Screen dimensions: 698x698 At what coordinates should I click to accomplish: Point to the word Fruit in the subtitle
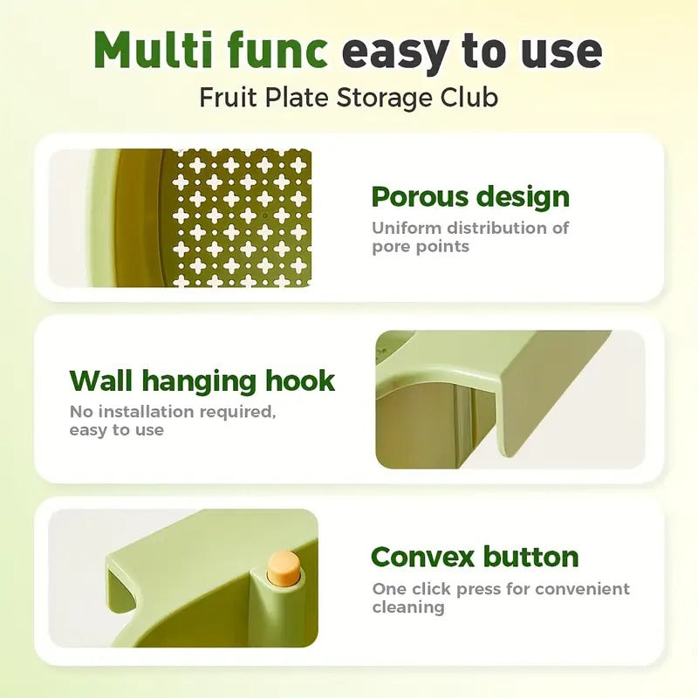227,96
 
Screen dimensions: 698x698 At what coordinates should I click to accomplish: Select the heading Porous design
470,197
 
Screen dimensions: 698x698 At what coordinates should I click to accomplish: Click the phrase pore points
421,246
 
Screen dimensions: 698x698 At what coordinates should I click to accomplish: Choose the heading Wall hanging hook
202,381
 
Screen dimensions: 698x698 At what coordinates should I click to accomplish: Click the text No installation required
172,412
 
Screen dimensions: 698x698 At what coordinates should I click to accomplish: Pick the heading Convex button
475,557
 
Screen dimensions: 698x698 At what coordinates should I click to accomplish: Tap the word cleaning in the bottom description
408,607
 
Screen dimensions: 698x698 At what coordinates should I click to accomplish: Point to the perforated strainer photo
181,218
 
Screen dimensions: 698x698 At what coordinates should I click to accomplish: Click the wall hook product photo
510,399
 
